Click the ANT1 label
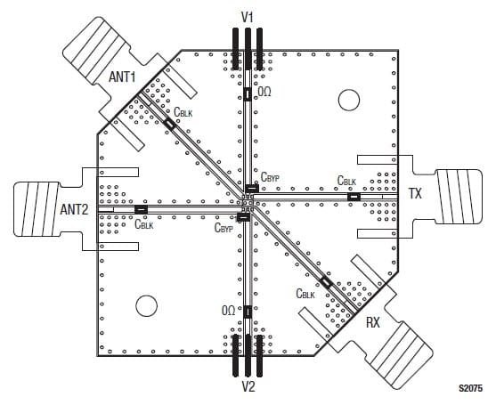tap(122, 77)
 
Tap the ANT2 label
tap(74, 209)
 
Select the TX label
tap(416, 193)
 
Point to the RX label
tap(373, 323)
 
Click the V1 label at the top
tap(248, 17)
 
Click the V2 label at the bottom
tap(248, 386)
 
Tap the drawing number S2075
tap(471, 388)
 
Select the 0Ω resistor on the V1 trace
tap(248, 94)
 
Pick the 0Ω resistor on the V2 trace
tap(248, 312)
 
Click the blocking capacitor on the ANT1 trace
tap(170, 124)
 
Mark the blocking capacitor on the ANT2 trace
tap(141, 209)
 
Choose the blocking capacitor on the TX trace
tap(354, 197)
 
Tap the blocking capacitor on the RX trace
tap(326, 282)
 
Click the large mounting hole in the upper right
tap(349, 100)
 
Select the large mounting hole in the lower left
tap(146, 305)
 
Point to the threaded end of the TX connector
tap(459, 197)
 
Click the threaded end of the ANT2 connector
tap(37, 209)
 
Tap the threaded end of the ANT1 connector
tap(96, 51)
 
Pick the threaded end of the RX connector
tap(399, 355)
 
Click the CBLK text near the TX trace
tap(346, 181)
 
